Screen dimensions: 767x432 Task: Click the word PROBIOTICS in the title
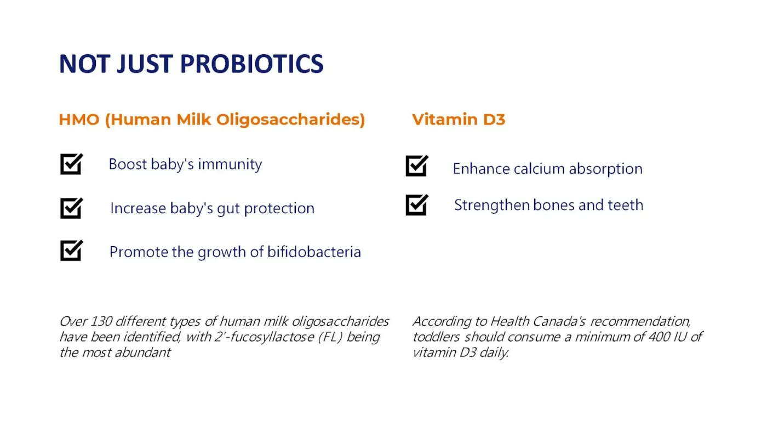[251, 64]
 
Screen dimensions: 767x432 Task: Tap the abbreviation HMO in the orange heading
[79, 120]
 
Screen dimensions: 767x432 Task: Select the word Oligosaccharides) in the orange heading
[291, 120]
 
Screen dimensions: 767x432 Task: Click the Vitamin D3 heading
[459, 120]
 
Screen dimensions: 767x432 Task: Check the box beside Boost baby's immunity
[72, 164]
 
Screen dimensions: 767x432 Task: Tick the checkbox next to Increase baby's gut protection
[72, 208]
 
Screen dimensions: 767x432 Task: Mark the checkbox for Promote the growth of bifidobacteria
[72, 251]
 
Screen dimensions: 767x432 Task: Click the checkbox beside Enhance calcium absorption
[417, 166]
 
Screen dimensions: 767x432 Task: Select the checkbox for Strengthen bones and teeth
[417, 205]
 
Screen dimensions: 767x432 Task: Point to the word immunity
[230, 164]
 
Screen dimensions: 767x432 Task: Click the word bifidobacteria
[314, 252]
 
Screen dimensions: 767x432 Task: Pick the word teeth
[625, 205]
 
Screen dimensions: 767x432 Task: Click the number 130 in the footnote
[102, 321]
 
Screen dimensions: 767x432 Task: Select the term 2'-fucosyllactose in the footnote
[264, 337]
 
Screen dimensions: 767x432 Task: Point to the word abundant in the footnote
[143, 353]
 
